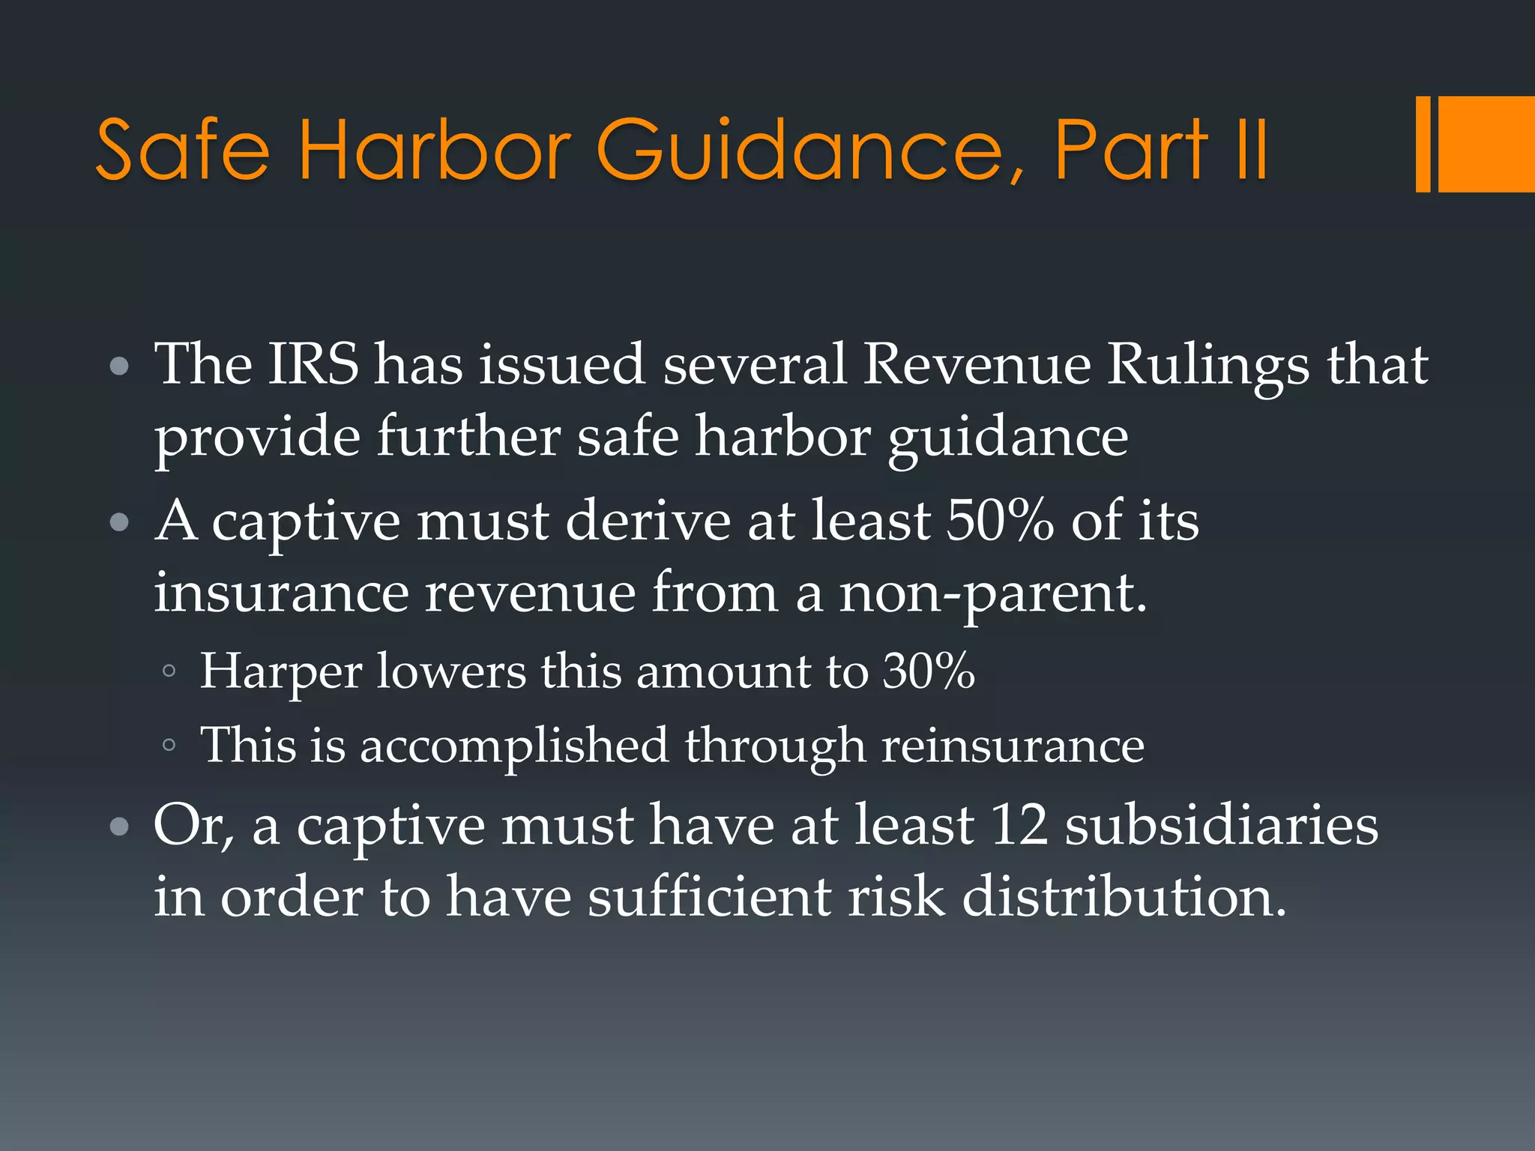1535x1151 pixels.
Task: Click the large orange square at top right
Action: (1486, 144)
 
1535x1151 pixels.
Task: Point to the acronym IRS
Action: (313, 364)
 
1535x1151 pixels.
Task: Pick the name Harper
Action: (280, 671)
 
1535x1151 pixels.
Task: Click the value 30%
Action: (929, 671)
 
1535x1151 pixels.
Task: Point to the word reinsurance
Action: (1013, 746)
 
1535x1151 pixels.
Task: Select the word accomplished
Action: (514, 747)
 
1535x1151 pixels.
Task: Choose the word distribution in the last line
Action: (1124, 896)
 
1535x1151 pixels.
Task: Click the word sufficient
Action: (709, 896)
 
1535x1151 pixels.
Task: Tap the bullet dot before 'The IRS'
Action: (119, 367)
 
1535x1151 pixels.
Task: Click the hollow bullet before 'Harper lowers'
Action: (169, 671)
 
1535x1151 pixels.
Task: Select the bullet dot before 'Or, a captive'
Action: (119, 827)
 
